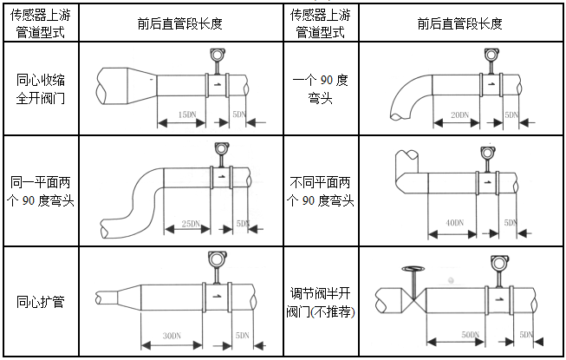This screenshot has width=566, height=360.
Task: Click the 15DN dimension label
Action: (x=185, y=114)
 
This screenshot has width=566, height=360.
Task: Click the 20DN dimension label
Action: (x=459, y=115)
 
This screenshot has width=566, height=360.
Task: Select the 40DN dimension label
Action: (x=453, y=224)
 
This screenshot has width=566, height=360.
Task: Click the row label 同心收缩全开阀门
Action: (x=41, y=88)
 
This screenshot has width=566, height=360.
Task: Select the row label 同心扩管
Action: (x=41, y=303)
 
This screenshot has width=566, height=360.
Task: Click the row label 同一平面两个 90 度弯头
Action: (x=41, y=193)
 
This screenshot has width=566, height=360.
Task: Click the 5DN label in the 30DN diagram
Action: (x=242, y=335)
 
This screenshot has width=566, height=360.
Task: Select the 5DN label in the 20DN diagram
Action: (x=511, y=115)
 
